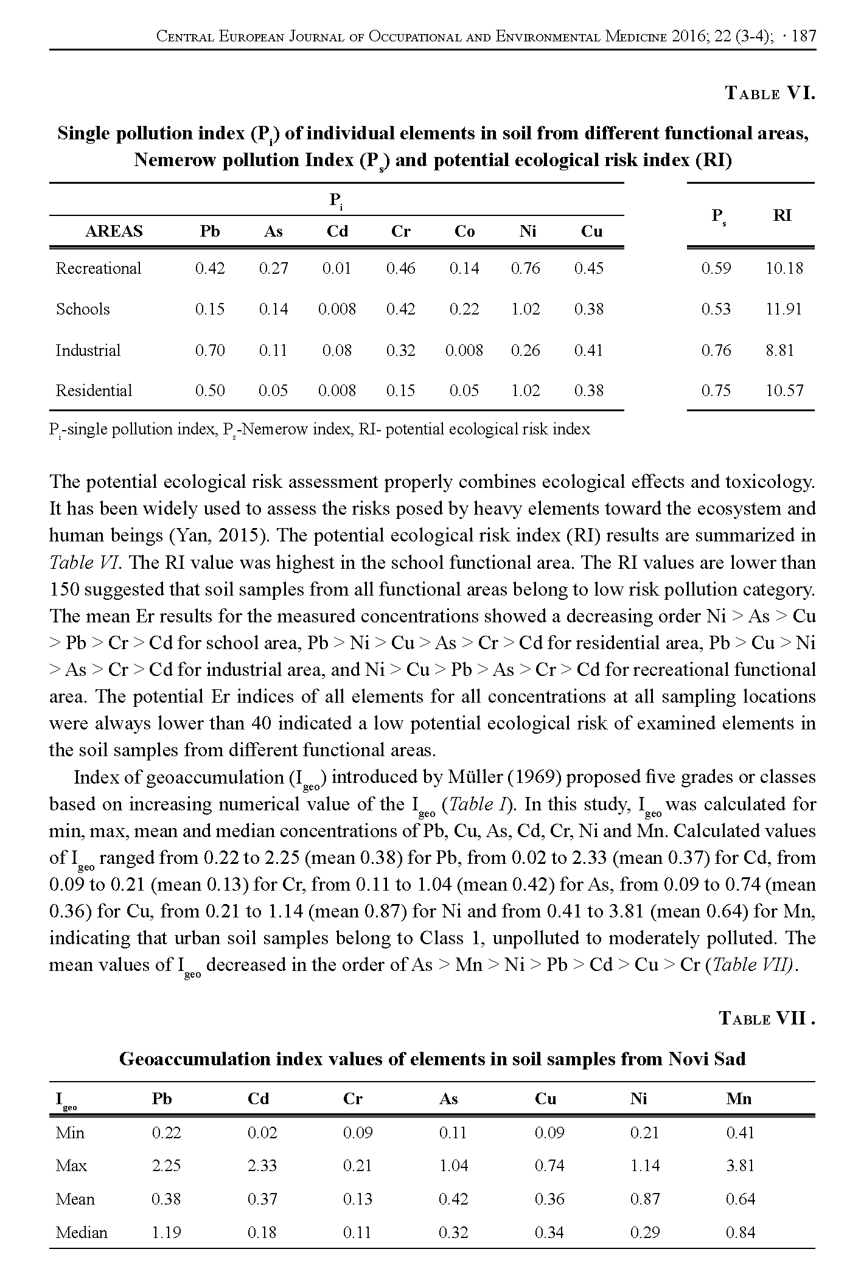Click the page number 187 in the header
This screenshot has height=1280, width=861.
804,37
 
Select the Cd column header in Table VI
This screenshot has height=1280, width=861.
337,231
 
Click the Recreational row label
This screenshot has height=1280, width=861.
98,268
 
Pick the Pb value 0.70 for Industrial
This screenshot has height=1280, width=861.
210,350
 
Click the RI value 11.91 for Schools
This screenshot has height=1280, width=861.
784,309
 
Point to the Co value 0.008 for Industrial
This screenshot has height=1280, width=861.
464,350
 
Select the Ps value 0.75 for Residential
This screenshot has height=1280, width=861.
716,391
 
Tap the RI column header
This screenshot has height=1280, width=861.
782,215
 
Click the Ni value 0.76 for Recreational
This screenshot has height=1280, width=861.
526,268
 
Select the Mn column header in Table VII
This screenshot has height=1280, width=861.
739,1099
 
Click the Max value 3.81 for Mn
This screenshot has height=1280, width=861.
740,1166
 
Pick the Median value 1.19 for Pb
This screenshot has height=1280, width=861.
166,1233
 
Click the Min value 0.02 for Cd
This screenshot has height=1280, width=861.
262,1133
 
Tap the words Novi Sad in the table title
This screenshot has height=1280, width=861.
707,1059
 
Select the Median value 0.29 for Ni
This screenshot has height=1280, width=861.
644,1233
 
